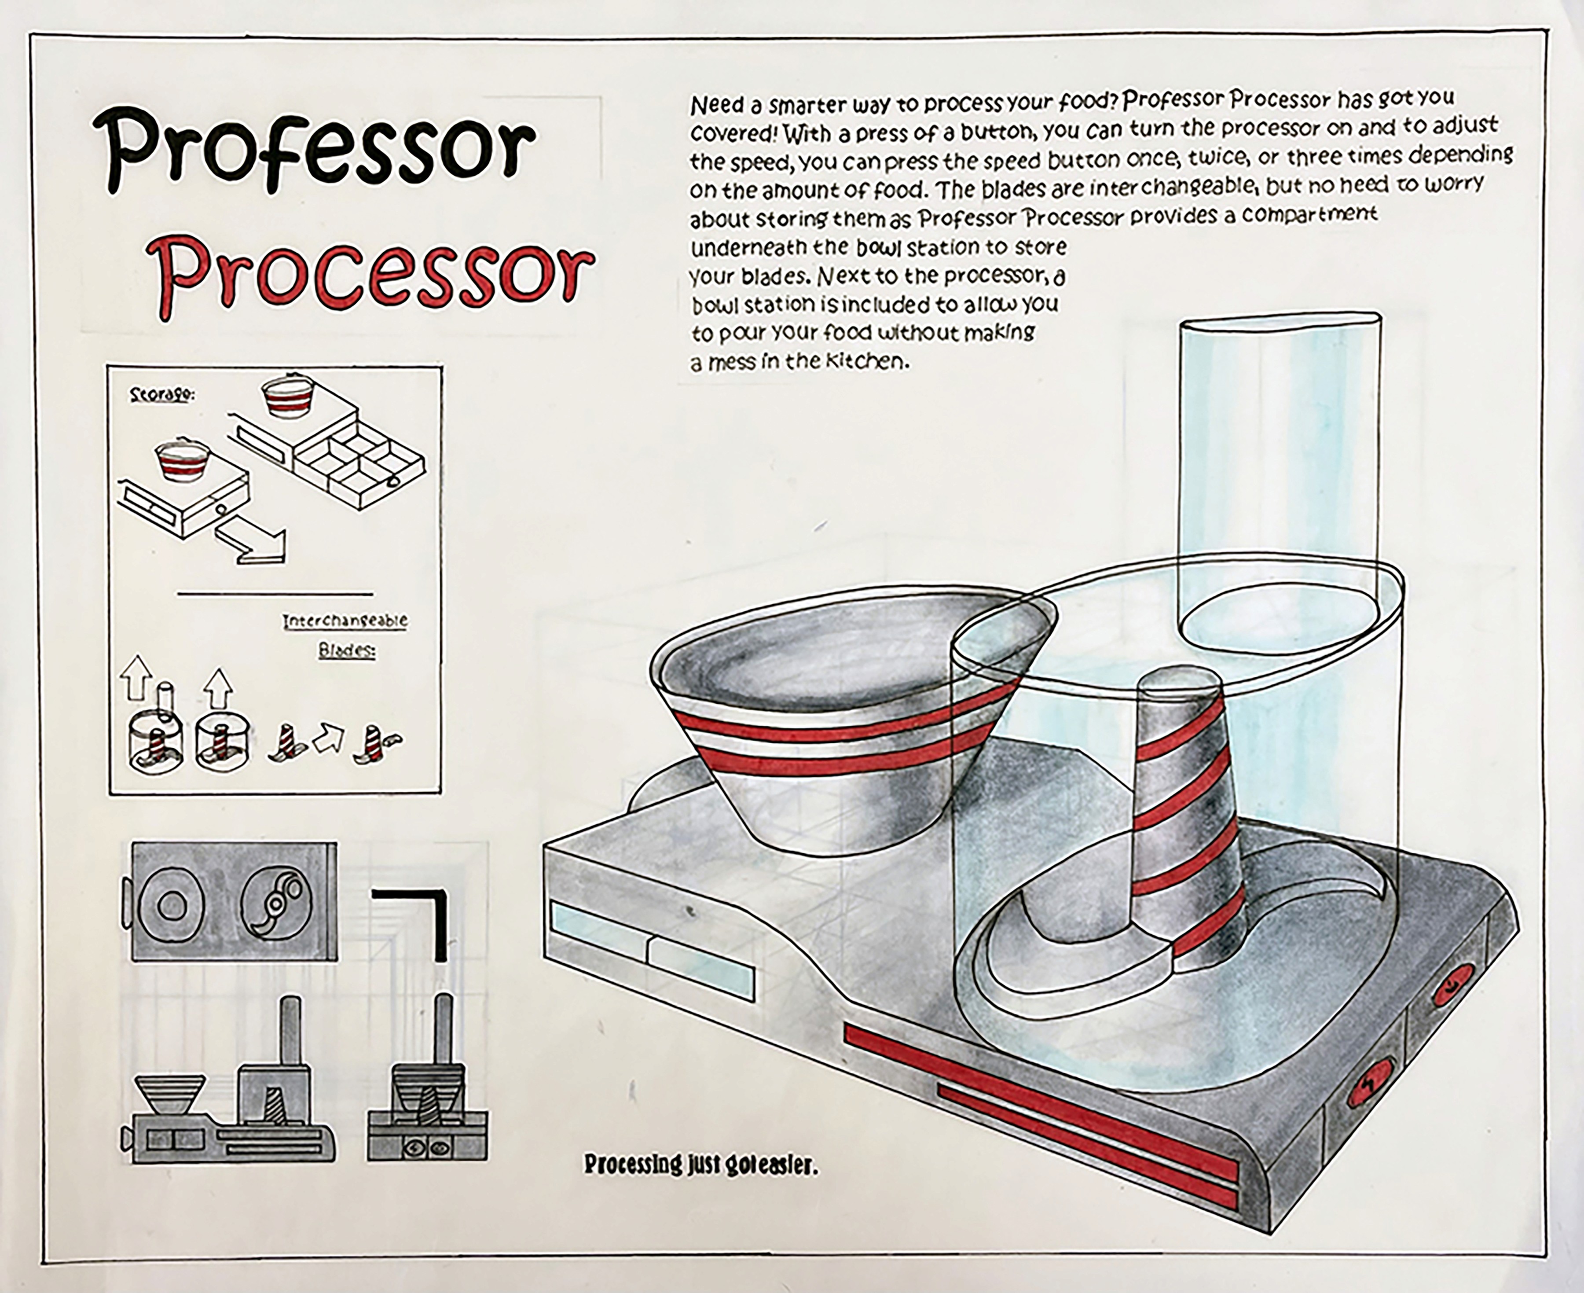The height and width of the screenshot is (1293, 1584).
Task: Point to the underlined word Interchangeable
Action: (345, 621)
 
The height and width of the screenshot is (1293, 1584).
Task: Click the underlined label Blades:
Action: (347, 650)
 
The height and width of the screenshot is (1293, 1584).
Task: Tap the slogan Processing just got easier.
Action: (700, 1164)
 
